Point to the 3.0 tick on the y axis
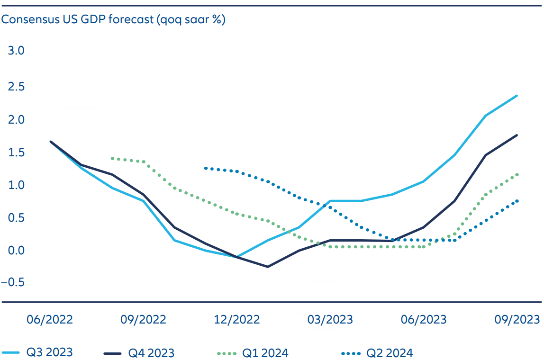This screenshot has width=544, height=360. pyautogui.click(x=16, y=51)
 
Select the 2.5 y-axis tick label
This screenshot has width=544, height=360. pyautogui.click(x=16, y=87)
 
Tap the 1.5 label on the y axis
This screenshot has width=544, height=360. pyautogui.click(x=16, y=153)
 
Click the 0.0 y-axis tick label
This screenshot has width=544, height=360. pyautogui.click(x=16, y=250)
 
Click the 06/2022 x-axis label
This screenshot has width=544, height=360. pyautogui.click(x=50, y=320)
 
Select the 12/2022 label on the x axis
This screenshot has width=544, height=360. pyautogui.click(x=237, y=320)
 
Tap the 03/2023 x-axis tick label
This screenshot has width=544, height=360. pyautogui.click(x=330, y=320)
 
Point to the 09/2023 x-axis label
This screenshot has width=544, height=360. pyautogui.click(x=517, y=320)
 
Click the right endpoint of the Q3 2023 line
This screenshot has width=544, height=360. pyautogui.click(x=517, y=96)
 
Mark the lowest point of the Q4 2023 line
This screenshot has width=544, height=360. pyautogui.click(x=268, y=267)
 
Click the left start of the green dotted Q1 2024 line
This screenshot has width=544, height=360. pyautogui.click(x=112, y=158)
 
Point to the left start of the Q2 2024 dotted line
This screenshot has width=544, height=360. pyautogui.click(x=206, y=168)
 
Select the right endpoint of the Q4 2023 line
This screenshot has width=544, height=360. pyautogui.click(x=517, y=135)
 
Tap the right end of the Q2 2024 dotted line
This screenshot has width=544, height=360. pyautogui.click(x=517, y=201)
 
